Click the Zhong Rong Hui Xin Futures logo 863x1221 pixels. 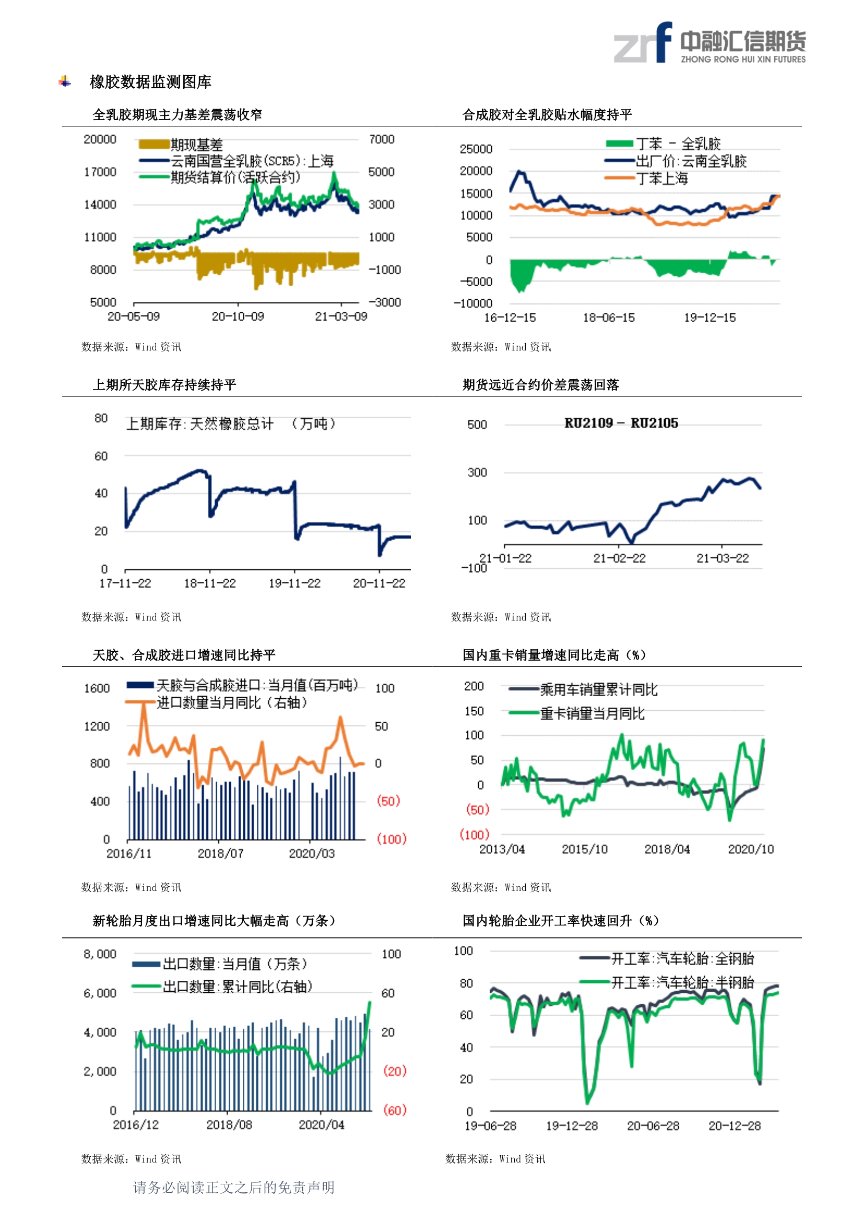point(710,42)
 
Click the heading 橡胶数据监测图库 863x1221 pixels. point(150,82)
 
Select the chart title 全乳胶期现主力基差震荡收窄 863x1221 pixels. point(177,114)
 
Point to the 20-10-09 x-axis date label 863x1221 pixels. point(238,316)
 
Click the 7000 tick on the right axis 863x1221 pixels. point(382,139)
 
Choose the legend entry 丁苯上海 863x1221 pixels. point(661,179)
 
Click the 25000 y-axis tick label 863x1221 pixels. point(476,149)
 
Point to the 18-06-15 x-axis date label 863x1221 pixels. point(609,318)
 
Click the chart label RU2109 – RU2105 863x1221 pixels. point(621,423)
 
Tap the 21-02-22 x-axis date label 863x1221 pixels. point(620,558)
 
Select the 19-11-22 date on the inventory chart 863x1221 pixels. point(294,583)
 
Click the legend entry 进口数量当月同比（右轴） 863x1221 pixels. point(232,702)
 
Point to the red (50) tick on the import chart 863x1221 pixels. point(388,801)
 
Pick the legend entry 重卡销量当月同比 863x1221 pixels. point(593,713)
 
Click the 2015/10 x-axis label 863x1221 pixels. point(584,849)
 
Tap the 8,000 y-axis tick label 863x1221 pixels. point(100,954)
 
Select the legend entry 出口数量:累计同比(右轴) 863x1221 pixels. point(237,987)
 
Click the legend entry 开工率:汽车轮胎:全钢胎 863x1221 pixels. point(682,958)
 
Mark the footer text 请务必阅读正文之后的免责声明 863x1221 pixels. point(233,1188)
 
